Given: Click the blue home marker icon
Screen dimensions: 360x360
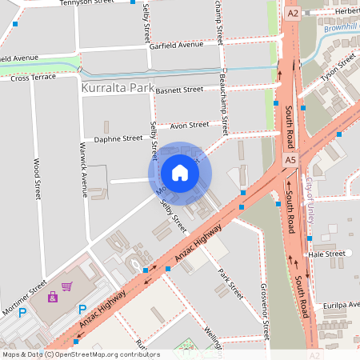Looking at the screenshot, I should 180,173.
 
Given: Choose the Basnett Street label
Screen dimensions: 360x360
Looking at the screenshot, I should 180,90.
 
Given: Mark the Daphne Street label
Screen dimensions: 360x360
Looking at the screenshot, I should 118,138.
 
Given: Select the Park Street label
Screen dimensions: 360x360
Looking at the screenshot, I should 230,283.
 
